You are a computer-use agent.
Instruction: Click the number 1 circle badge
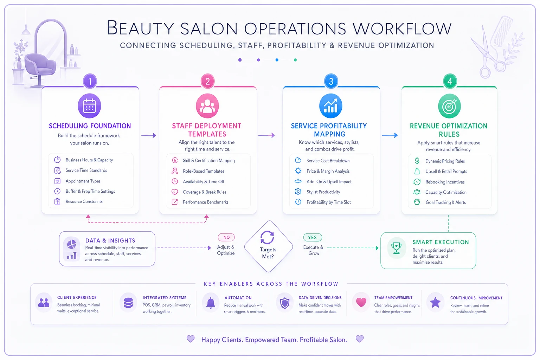click(90, 81)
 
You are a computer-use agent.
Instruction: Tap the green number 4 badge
click(450, 81)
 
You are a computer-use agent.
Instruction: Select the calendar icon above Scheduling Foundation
click(89, 106)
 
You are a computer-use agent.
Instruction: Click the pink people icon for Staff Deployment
click(207, 106)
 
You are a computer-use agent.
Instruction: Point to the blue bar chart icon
click(330, 106)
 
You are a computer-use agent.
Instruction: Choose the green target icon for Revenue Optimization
click(449, 106)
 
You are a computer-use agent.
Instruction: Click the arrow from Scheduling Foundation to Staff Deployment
click(149, 135)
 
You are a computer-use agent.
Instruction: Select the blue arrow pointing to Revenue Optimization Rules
click(390, 135)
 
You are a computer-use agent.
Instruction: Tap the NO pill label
click(226, 237)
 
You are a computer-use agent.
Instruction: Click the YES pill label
click(313, 237)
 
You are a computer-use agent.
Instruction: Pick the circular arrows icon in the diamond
click(267, 237)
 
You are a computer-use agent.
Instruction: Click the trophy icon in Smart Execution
click(396, 248)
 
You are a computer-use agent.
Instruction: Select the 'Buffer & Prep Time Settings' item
click(90, 191)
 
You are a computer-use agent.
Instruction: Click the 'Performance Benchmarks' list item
click(205, 202)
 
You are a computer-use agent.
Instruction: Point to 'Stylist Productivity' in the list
click(323, 192)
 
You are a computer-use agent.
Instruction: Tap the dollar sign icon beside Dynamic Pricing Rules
click(417, 161)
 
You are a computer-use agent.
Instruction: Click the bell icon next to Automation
click(211, 303)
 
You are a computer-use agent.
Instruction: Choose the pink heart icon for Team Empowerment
click(361, 302)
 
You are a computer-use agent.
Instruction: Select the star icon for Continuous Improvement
click(435, 302)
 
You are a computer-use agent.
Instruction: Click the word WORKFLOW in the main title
click(402, 28)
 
